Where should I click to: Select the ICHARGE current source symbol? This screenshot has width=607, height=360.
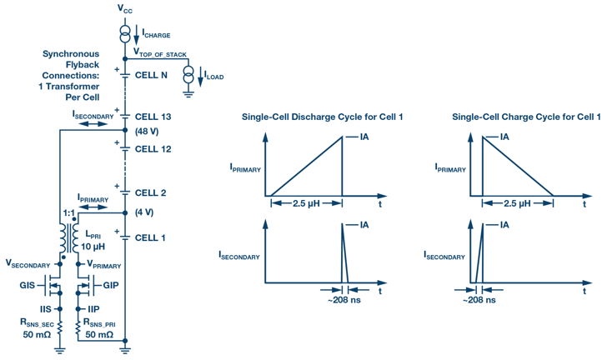pos(124,34)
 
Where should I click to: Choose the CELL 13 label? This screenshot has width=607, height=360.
pos(153,117)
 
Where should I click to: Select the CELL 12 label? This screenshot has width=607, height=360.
pos(153,149)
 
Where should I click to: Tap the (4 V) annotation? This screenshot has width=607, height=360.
pos(145,211)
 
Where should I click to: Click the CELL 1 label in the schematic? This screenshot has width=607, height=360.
pos(150,237)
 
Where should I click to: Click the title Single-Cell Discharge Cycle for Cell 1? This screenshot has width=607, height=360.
pos(323,117)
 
